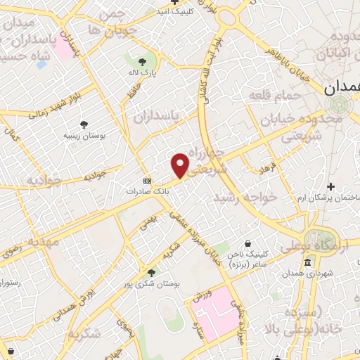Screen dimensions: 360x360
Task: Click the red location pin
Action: [x=180, y=165]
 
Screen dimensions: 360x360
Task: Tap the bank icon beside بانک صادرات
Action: [x=146, y=180]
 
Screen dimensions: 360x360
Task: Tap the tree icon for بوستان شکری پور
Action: [x=151, y=272]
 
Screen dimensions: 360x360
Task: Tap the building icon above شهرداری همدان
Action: [x=307, y=264]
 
